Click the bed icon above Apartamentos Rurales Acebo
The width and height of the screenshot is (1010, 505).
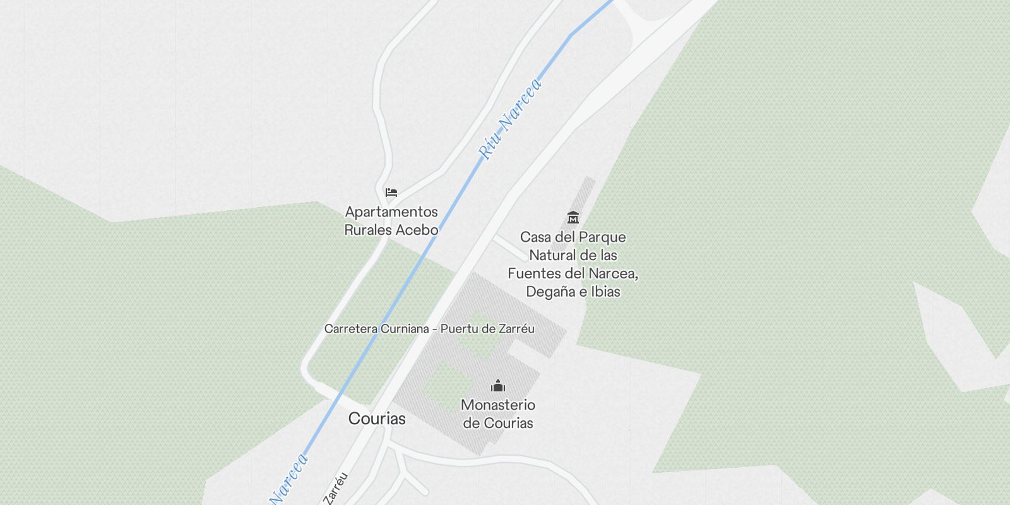[x=391, y=193]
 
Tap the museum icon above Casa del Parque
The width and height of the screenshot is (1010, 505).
[x=573, y=218]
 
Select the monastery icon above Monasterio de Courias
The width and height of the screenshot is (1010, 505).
[x=498, y=386]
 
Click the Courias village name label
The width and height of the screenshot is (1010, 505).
[x=377, y=419]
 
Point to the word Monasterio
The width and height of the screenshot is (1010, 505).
[x=498, y=405]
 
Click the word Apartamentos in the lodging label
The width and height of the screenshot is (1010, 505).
[x=391, y=212]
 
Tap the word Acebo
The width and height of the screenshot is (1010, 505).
[x=417, y=230]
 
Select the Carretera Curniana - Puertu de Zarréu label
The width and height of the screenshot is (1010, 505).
[x=429, y=329]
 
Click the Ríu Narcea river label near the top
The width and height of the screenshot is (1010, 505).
[x=510, y=119]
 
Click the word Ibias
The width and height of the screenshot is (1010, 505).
[x=605, y=292]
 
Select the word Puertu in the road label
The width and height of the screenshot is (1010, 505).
[x=459, y=329]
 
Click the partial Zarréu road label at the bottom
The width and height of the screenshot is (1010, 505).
[x=336, y=489]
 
